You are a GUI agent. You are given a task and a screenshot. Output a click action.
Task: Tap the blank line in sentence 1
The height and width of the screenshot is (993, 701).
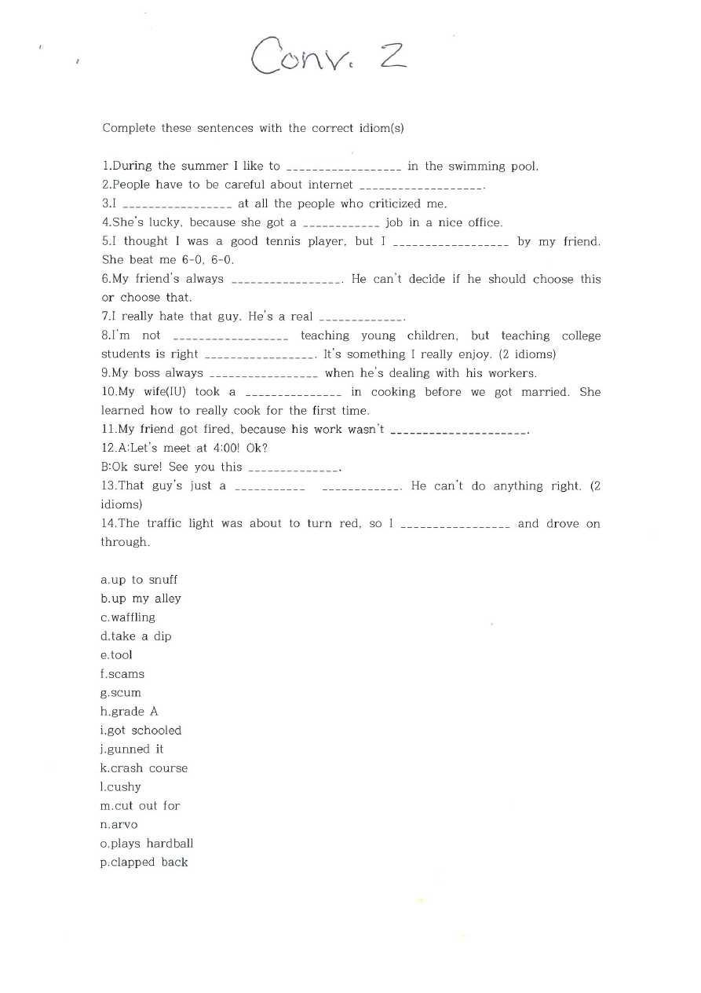(344, 167)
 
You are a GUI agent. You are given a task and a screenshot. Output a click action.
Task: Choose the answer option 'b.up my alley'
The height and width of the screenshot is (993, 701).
(141, 599)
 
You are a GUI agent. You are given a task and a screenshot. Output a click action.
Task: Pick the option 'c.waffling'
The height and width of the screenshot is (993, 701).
(128, 617)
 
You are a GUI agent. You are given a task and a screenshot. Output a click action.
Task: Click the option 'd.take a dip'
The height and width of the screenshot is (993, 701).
(136, 636)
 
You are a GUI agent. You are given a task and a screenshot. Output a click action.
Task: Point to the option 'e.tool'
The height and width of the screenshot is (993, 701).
(116, 655)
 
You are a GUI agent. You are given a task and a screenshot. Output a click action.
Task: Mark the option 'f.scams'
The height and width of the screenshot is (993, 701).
(122, 674)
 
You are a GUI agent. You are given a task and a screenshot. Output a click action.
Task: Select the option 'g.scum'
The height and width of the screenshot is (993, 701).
(121, 693)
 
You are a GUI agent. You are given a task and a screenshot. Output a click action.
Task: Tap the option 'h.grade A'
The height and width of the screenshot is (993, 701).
(130, 712)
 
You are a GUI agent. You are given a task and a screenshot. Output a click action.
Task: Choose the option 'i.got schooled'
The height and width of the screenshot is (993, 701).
(141, 731)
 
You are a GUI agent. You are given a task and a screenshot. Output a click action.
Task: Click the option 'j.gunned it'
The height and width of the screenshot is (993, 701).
(132, 749)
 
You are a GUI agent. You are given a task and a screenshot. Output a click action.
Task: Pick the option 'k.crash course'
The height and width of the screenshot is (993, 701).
(144, 768)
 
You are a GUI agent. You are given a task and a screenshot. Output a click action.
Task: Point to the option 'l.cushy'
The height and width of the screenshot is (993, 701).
(121, 787)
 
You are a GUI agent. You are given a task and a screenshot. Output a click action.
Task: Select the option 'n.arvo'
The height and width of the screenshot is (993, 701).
(119, 825)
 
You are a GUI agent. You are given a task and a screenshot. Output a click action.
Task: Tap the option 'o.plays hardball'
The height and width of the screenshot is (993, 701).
(147, 844)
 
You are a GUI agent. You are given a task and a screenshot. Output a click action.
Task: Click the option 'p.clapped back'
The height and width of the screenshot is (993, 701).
(144, 863)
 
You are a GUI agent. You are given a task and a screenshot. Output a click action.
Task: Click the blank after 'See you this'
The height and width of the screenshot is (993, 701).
(294, 469)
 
